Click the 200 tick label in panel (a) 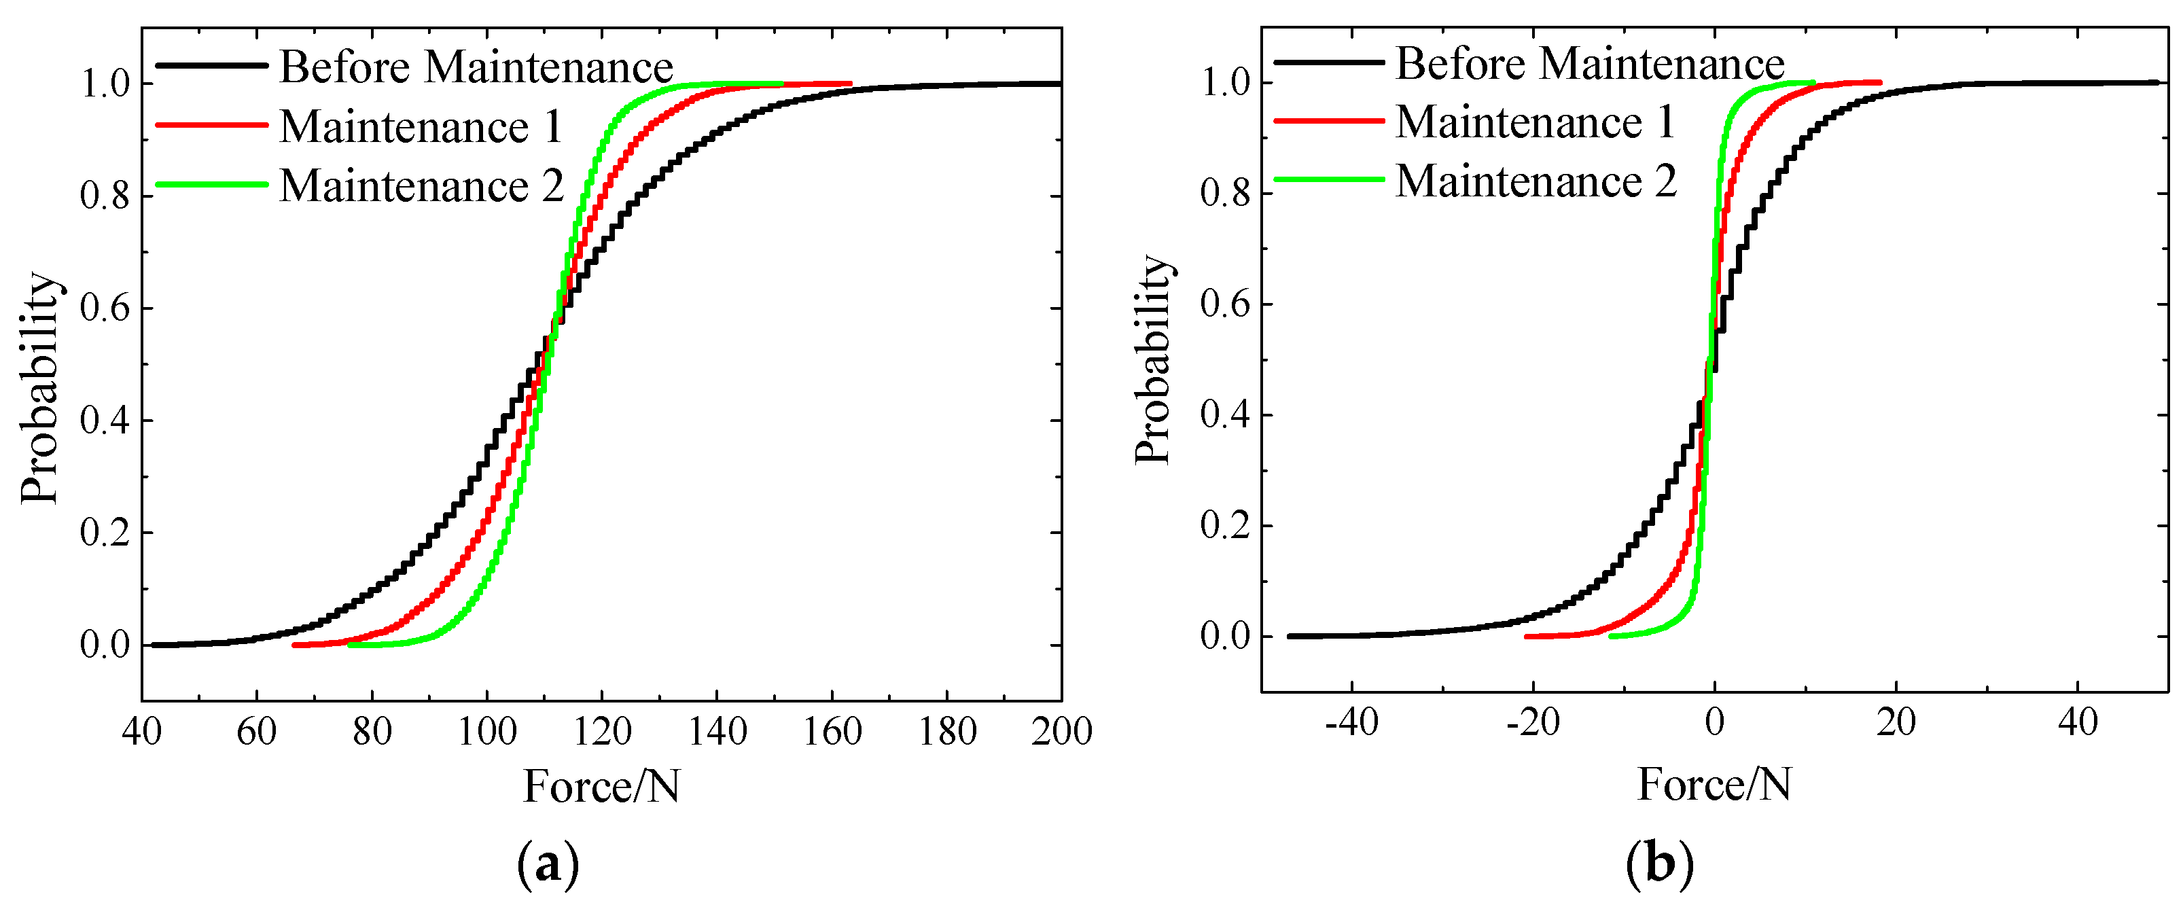1061,730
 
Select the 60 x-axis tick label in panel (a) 257,730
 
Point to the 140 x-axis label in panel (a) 717,730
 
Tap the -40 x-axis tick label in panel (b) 1351,723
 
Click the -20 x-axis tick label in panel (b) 1533,723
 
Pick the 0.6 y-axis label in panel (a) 105,308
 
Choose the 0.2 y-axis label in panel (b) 1226,527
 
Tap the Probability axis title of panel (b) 1152,359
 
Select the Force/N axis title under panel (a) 602,787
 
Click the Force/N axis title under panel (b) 1714,784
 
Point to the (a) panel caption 548,865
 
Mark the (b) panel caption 1659,865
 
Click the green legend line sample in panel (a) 212,184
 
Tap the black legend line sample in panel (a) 212,66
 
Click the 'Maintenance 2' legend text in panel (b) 1536,181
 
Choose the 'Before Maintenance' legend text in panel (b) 1590,64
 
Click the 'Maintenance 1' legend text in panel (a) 421,127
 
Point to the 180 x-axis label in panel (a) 947,730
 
